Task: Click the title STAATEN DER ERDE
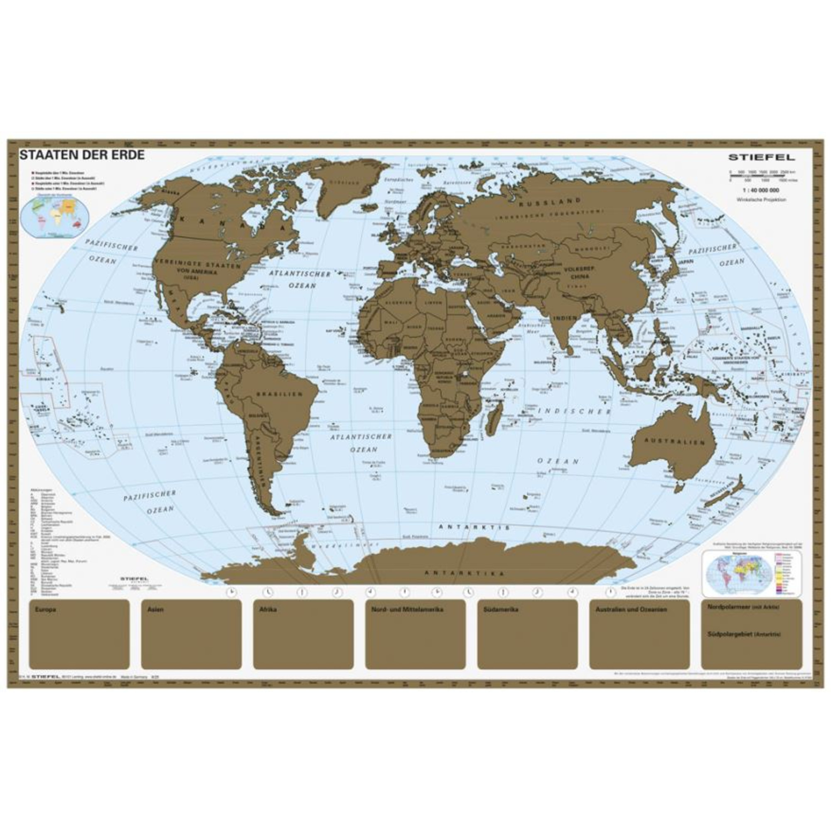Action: point(82,155)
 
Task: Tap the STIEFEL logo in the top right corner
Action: point(761,157)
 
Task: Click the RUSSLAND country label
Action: point(550,202)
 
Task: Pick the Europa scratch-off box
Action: point(80,634)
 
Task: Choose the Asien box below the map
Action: point(192,634)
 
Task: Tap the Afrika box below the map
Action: point(303,634)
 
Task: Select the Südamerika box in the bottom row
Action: point(527,634)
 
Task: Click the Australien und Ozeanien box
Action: point(639,634)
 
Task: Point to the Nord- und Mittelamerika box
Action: point(415,634)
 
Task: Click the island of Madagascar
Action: point(493,416)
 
